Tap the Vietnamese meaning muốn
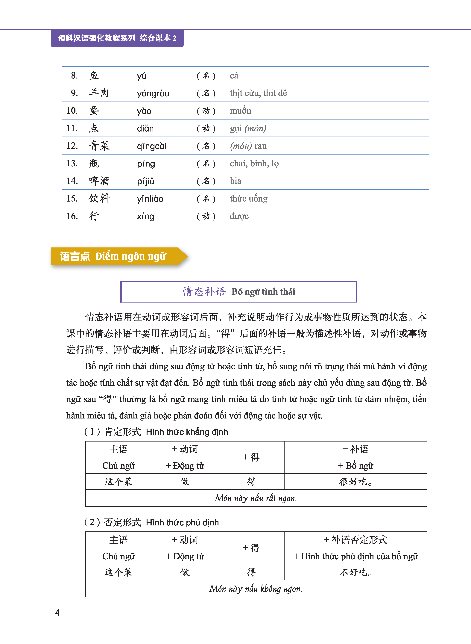click(240, 111)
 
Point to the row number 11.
click(72, 128)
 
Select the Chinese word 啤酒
click(99, 181)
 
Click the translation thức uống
click(248, 199)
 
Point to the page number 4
click(57, 612)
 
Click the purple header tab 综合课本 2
click(158, 38)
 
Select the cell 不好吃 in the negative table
click(355, 572)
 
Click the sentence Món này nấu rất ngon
click(256, 498)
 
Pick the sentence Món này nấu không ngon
click(256, 588)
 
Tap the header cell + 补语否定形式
click(355, 540)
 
